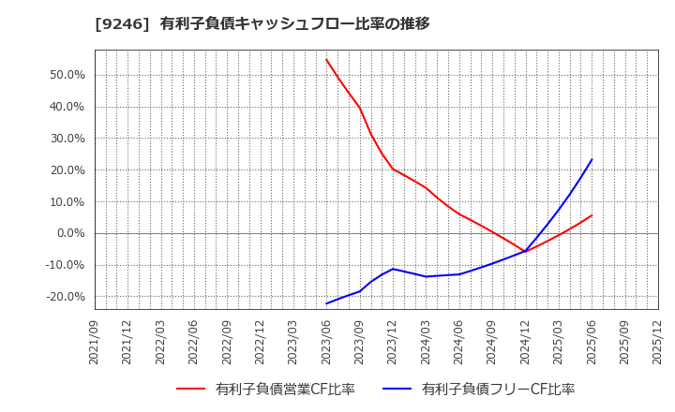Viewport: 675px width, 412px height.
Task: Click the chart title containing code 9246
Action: pyautogui.click(x=262, y=23)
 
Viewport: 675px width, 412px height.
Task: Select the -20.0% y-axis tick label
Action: pyautogui.click(x=63, y=297)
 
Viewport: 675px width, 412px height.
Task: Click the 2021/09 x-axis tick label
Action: pyautogui.click(x=95, y=342)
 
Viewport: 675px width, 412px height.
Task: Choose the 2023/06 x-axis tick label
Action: pyautogui.click(x=326, y=342)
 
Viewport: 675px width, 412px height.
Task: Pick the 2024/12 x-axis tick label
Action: pyautogui.click(x=525, y=342)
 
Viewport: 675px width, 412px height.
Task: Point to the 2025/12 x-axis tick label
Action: pyautogui.click(x=657, y=342)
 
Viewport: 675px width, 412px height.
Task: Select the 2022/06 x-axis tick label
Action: pyautogui.click(x=194, y=342)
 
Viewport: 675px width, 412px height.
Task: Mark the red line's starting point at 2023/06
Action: pyautogui.click(x=326, y=59)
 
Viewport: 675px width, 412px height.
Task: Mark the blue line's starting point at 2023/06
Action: pyautogui.click(x=326, y=303)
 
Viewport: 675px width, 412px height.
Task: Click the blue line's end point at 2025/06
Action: pyautogui.click(x=592, y=159)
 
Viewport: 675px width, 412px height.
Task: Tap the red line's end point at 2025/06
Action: pyautogui.click(x=592, y=215)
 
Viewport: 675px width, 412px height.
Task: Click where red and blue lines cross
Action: pyautogui.click(x=525, y=251)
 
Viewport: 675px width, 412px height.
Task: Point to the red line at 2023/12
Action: pyautogui.click(x=393, y=169)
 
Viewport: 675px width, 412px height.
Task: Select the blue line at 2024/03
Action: pyautogui.click(x=426, y=276)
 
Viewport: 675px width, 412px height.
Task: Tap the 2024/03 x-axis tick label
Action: pyautogui.click(x=426, y=342)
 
